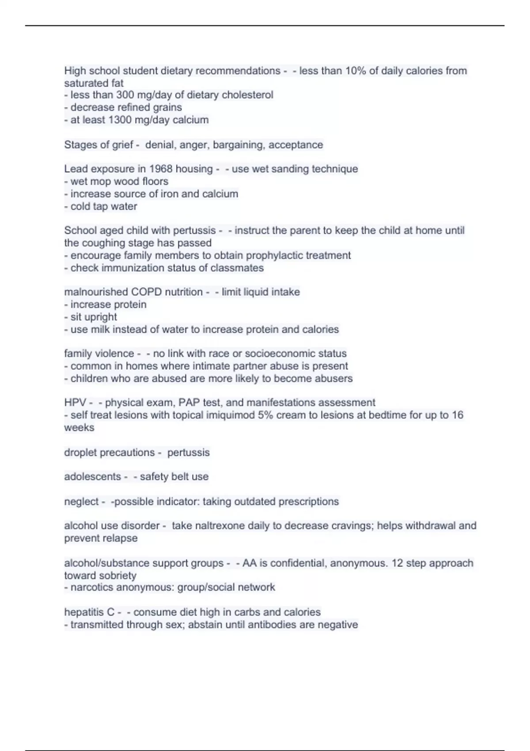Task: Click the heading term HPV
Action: (75, 402)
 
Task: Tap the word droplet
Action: (79, 452)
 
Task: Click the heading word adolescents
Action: (92, 477)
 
